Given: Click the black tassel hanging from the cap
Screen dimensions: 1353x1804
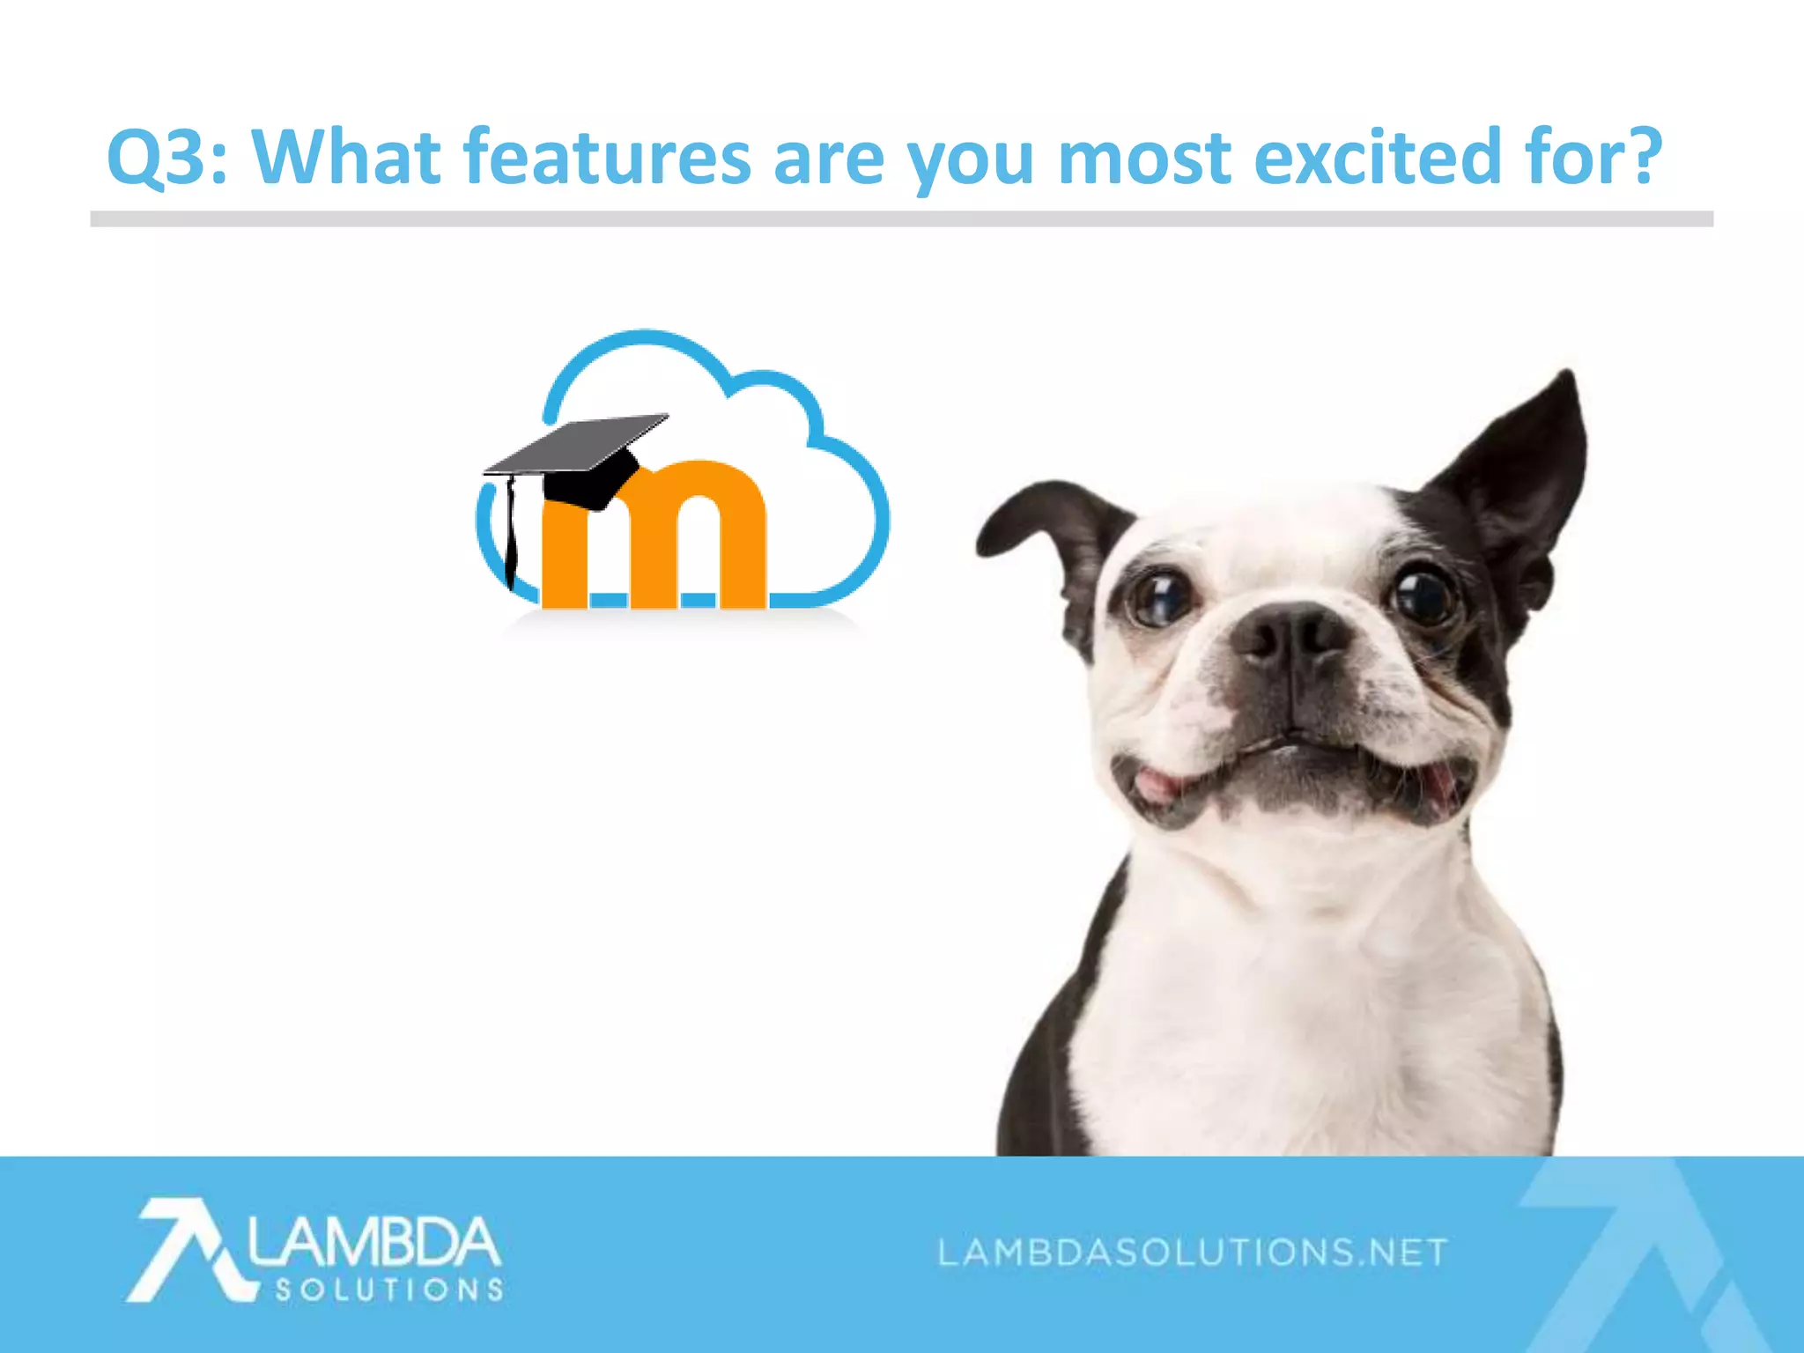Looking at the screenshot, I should point(510,537).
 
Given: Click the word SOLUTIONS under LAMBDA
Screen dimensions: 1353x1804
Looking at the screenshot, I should point(389,1290).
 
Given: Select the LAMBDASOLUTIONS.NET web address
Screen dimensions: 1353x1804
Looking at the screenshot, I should point(1194,1252).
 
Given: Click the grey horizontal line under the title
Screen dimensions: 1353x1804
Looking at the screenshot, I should point(901,218).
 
